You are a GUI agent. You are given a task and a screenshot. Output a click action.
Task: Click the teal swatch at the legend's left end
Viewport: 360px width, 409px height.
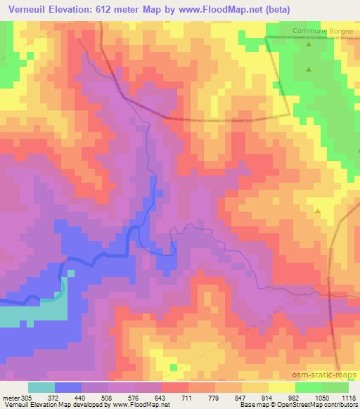click(41, 387)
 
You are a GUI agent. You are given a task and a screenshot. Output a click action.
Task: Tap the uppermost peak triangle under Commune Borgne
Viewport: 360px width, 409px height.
click(309, 45)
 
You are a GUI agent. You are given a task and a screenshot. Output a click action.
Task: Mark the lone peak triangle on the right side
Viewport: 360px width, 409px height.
click(318, 210)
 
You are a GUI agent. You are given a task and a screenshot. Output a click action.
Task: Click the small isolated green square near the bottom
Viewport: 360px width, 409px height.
click(174, 367)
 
